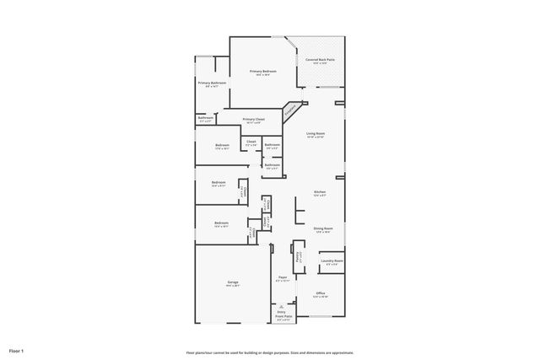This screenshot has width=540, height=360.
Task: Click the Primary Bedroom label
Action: coord(262,72)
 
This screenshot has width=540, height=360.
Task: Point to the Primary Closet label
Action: coord(253,120)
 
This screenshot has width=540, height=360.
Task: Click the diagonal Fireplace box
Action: coord(292,109)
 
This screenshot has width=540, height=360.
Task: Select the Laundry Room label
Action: coord(332,261)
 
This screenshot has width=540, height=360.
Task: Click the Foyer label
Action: coord(283,278)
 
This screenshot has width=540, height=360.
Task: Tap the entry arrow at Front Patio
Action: coord(282,306)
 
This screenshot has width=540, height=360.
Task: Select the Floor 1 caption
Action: coord(17,350)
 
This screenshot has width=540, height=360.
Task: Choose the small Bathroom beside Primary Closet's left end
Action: coord(206,119)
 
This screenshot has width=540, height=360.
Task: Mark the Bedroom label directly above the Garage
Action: coord(221,223)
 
